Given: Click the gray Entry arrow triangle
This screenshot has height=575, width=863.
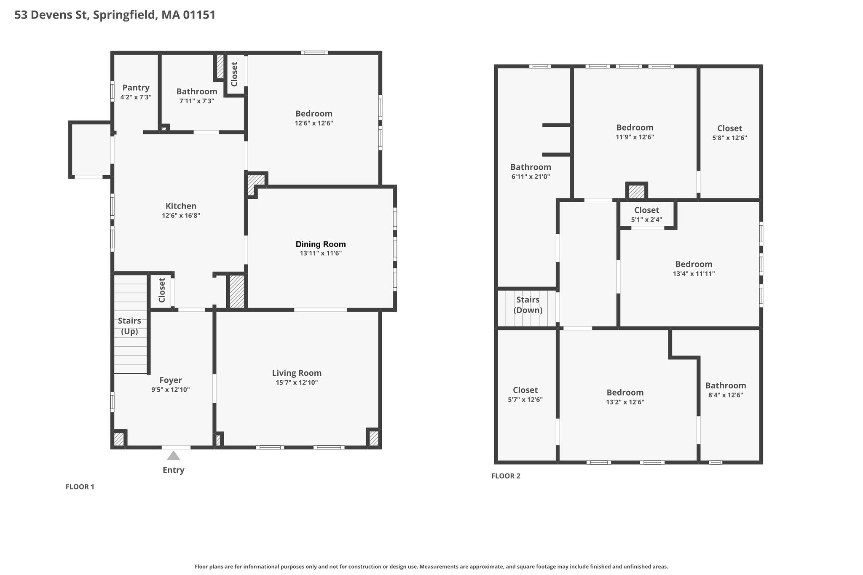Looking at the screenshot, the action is point(173,455).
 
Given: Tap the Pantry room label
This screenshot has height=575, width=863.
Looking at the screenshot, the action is point(136,88).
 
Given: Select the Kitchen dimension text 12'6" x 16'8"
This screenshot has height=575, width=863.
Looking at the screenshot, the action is point(181,216).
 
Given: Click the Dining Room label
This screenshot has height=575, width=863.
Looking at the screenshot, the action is point(321,244).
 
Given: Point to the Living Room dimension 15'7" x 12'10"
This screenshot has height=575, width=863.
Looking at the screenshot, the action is point(297,382).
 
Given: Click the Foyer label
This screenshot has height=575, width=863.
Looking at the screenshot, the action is point(171,380).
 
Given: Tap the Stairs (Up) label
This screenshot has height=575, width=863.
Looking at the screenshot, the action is point(129,326).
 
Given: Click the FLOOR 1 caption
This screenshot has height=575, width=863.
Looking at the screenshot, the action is point(80,487).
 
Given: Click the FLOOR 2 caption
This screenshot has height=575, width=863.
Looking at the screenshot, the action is point(506,476).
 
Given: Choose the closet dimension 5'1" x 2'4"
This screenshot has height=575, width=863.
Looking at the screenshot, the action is point(646,219).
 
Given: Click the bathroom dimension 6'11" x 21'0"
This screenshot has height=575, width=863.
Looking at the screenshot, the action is point(531,177).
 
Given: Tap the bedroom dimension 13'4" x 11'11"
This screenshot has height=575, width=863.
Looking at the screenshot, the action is point(694,274).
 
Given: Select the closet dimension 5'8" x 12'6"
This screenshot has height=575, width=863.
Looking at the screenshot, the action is point(729,138).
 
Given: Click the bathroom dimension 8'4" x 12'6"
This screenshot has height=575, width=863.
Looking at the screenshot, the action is point(726,395).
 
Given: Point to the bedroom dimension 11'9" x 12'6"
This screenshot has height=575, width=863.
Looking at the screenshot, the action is point(635,137).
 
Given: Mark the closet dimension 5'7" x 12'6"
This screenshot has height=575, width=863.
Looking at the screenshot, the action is point(525,400).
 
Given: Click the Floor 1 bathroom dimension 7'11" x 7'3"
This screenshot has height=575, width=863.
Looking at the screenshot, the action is point(197,101).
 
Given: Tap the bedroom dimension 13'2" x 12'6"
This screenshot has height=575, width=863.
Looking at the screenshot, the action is point(625,402).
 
